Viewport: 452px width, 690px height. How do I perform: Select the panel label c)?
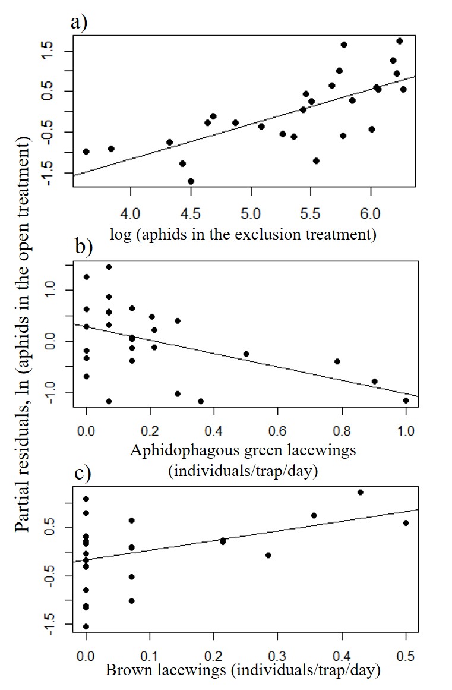(79, 475)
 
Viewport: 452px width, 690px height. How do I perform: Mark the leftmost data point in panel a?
(86, 152)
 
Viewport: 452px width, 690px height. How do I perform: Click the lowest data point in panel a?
(191, 181)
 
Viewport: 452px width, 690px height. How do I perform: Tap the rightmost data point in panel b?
(406, 401)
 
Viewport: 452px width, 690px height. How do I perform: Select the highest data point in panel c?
(360, 492)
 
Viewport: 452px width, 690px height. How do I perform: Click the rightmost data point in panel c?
(406, 523)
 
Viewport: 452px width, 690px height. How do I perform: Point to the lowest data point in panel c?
(86, 626)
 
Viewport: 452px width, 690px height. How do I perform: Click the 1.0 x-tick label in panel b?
(406, 429)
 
